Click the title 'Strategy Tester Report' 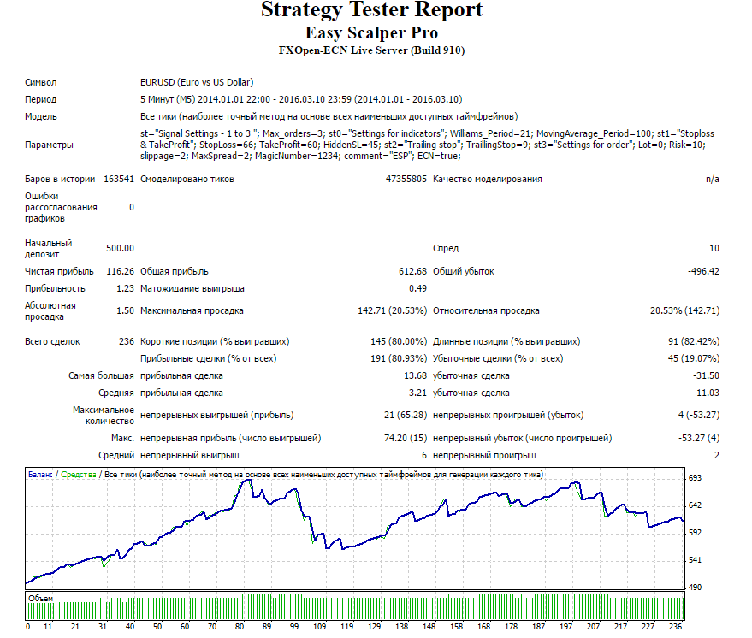click(x=371, y=10)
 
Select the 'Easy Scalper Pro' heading click(x=371, y=32)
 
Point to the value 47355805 click(x=406, y=179)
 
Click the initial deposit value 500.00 click(x=120, y=248)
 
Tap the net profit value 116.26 click(x=120, y=271)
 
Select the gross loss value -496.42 click(x=703, y=271)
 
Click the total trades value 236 click(x=127, y=341)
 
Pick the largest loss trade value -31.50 click(x=706, y=375)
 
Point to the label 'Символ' click(x=41, y=82)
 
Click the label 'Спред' click(x=446, y=248)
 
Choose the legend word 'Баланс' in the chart click(x=40, y=475)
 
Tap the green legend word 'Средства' click(x=79, y=475)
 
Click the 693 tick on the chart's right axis click(x=695, y=478)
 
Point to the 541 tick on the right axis click(x=695, y=560)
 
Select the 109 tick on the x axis click(x=319, y=627)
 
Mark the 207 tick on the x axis click(x=593, y=627)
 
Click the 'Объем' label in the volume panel click(x=41, y=598)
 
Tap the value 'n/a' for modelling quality click(x=712, y=179)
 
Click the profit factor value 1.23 click(x=125, y=288)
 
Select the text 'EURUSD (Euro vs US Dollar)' click(x=197, y=82)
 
